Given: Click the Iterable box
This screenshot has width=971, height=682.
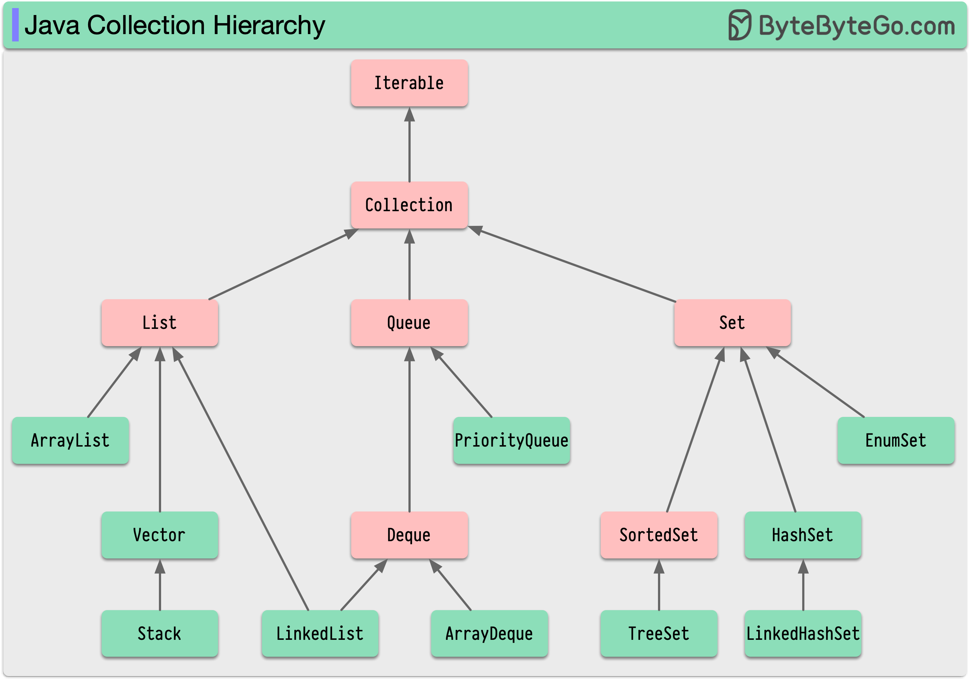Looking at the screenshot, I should [x=409, y=83].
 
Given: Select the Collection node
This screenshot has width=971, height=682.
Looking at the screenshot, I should [x=409, y=205].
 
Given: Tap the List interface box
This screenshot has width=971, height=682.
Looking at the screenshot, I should [x=159, y=323].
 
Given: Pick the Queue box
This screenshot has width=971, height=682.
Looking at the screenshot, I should [x=409, y=323].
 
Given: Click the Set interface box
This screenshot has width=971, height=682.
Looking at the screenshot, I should [x=732, y=323].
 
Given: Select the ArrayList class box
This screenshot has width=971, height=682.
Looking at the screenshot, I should [x=70, y=441].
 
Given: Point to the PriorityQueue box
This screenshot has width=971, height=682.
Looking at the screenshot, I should [x=511, y=441].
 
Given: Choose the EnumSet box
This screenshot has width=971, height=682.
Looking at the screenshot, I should [x=896, y=441].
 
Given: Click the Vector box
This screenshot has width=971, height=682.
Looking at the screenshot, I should [x=159, y=535].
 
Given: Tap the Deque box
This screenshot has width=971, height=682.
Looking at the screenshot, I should [x=409, y=535].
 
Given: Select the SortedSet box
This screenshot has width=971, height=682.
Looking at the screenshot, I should [x=658, y=535].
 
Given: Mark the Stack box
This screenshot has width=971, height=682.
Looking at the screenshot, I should [x=159, y=633].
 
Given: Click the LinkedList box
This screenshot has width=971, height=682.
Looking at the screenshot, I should [x=320, y=633].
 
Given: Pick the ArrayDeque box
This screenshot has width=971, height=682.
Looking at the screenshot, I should [x=489, y=633].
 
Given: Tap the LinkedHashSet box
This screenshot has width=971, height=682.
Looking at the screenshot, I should [x=803, y=633].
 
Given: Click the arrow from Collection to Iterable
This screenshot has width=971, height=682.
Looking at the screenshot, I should [x=409, y=148].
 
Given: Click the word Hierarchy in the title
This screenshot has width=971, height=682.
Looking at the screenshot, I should [x=269, y=25].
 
